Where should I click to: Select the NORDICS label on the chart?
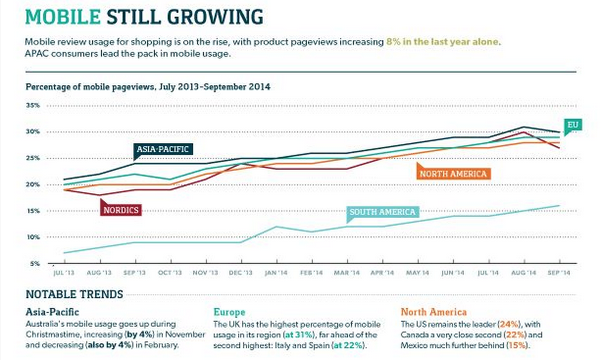[121, 210]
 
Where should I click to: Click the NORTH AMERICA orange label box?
[453, 174]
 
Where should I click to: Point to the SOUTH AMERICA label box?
[382, 212]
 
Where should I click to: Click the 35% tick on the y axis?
[33, 105]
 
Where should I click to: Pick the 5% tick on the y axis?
[34, 263]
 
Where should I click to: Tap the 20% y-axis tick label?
[33, 184]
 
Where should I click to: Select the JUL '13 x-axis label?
[63, 272]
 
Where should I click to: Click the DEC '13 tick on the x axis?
[241, 272]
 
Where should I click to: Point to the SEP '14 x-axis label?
[558, 272]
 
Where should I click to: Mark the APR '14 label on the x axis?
[382, 272]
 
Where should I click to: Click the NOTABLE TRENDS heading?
[74, 295]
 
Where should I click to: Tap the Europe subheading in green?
[229, 312]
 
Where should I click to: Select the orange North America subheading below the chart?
[433, 312]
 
